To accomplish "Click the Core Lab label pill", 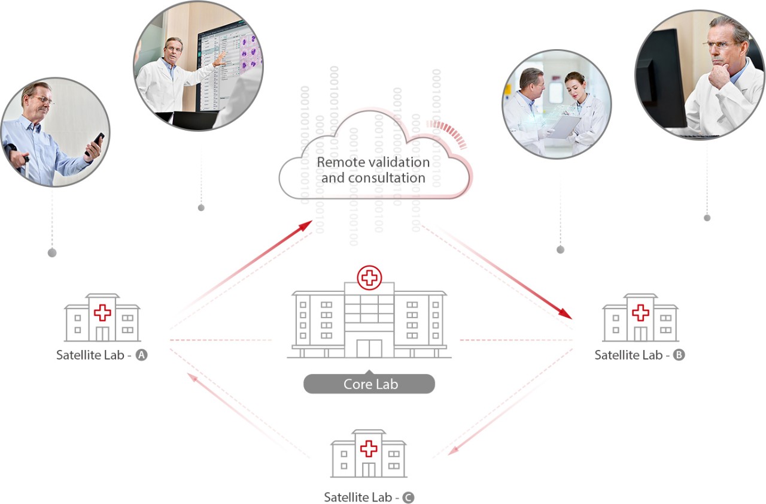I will coord(369,384).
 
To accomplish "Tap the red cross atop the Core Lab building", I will coord(369,277).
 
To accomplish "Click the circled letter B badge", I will coord(679,355).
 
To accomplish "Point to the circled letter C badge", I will coord(408,497).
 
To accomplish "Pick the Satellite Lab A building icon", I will coord(102,318).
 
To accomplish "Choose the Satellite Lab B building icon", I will coord(640,318).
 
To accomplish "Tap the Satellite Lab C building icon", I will coord(369,454).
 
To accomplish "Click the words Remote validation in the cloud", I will coord(373,162).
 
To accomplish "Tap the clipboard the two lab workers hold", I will coord(563,126).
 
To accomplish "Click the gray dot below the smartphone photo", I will coord(52,253).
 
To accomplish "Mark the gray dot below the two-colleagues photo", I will coord(560,249).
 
